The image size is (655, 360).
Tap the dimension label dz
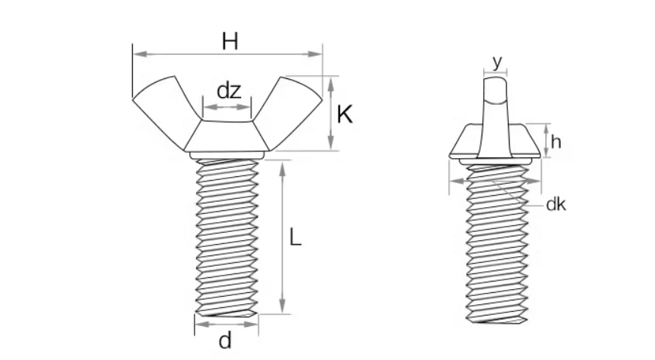pyautogui.click(x=229, y=91)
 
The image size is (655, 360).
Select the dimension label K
pyautogui.click(x=344, y=115)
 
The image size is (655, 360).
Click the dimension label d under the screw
pyautogui.click(x=225, y=341)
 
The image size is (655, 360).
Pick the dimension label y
pyautogui.click(x=496, y=62)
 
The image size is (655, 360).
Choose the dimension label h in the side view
pyautogui.click(x=556, y=141)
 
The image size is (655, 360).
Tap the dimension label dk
pyautogui.click(x=556, y=204)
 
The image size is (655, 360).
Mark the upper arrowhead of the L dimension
pyautogui.click(x=283, y=167)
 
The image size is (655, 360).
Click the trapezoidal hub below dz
pyautogui.click(x=227, y=136)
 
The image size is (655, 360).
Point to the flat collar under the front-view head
pyautogui.click(x=226, y=155)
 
